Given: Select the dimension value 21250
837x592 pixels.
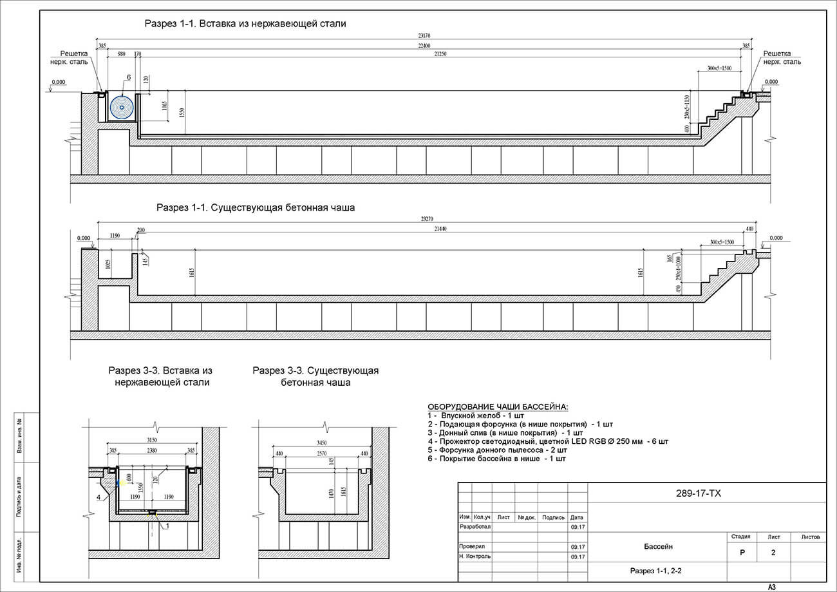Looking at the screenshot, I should point(440,55).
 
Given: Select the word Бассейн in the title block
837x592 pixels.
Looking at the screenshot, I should point(658,547).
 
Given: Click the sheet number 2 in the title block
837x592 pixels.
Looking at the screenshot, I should point(773,553).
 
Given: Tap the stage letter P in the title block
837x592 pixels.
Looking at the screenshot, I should point(742,553).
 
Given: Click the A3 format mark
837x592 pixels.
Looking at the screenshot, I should point(771,587).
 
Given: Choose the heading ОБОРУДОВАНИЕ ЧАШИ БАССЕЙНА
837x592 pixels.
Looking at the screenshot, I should point(498,407).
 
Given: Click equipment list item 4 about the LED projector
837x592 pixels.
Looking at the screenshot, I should point(548,442).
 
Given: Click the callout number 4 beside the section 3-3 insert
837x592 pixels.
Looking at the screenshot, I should point(99,497).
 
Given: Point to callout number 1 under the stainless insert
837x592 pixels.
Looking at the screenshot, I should point(166,526).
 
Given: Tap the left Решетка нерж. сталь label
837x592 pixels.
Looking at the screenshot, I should point(74,58).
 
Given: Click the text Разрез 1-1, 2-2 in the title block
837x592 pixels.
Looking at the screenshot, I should point(655,571).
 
